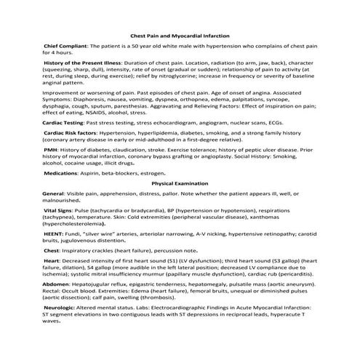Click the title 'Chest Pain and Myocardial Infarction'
click(x=179, y=35)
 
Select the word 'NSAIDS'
click(x=107, y=113)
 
